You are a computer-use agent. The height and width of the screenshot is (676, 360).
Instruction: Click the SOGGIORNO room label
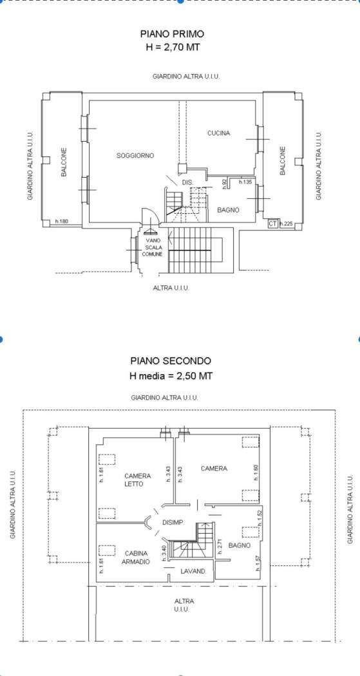click(x=135, y=156)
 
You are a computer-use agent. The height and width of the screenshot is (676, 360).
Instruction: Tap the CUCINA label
click(x=218, y=133)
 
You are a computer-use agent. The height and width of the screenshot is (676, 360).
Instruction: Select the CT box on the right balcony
click(x=272, y=224)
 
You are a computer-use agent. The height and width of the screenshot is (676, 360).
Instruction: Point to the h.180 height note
click(x=61, y=221)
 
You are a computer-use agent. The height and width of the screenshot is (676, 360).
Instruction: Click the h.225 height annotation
click(x=287, y=224)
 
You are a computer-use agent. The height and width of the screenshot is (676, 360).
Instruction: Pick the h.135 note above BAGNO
click(x=245, y=182)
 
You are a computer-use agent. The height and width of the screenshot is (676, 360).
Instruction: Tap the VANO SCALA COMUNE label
click(x=153, y=247)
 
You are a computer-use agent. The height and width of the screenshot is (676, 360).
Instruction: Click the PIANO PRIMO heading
click(x=172, y=34)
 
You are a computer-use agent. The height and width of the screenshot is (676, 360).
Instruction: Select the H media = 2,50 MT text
click(x=171, y=375)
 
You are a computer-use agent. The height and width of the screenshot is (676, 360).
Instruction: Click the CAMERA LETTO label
click(x=138, y=480)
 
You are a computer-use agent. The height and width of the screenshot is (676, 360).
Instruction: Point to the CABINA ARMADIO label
click(x=136, y=558)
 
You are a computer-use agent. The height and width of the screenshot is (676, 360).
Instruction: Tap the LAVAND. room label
click(x=193, y=571)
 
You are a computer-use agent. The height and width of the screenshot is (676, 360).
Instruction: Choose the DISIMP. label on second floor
click(x=173, y=523)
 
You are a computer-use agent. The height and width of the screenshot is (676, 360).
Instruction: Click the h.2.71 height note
click(x=220, y=547)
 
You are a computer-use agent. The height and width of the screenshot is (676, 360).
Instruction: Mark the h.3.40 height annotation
click(x=164, y=553)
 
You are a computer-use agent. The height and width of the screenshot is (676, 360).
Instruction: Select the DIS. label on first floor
click(x=187, y=183)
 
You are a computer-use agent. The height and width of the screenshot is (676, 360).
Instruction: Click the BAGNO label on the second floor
click(x=240, y=545)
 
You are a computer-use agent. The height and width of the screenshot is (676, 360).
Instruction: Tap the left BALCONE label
click(x=64, y=162)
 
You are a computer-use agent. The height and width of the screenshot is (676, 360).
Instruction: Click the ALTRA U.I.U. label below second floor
click(x=184, y=605)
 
